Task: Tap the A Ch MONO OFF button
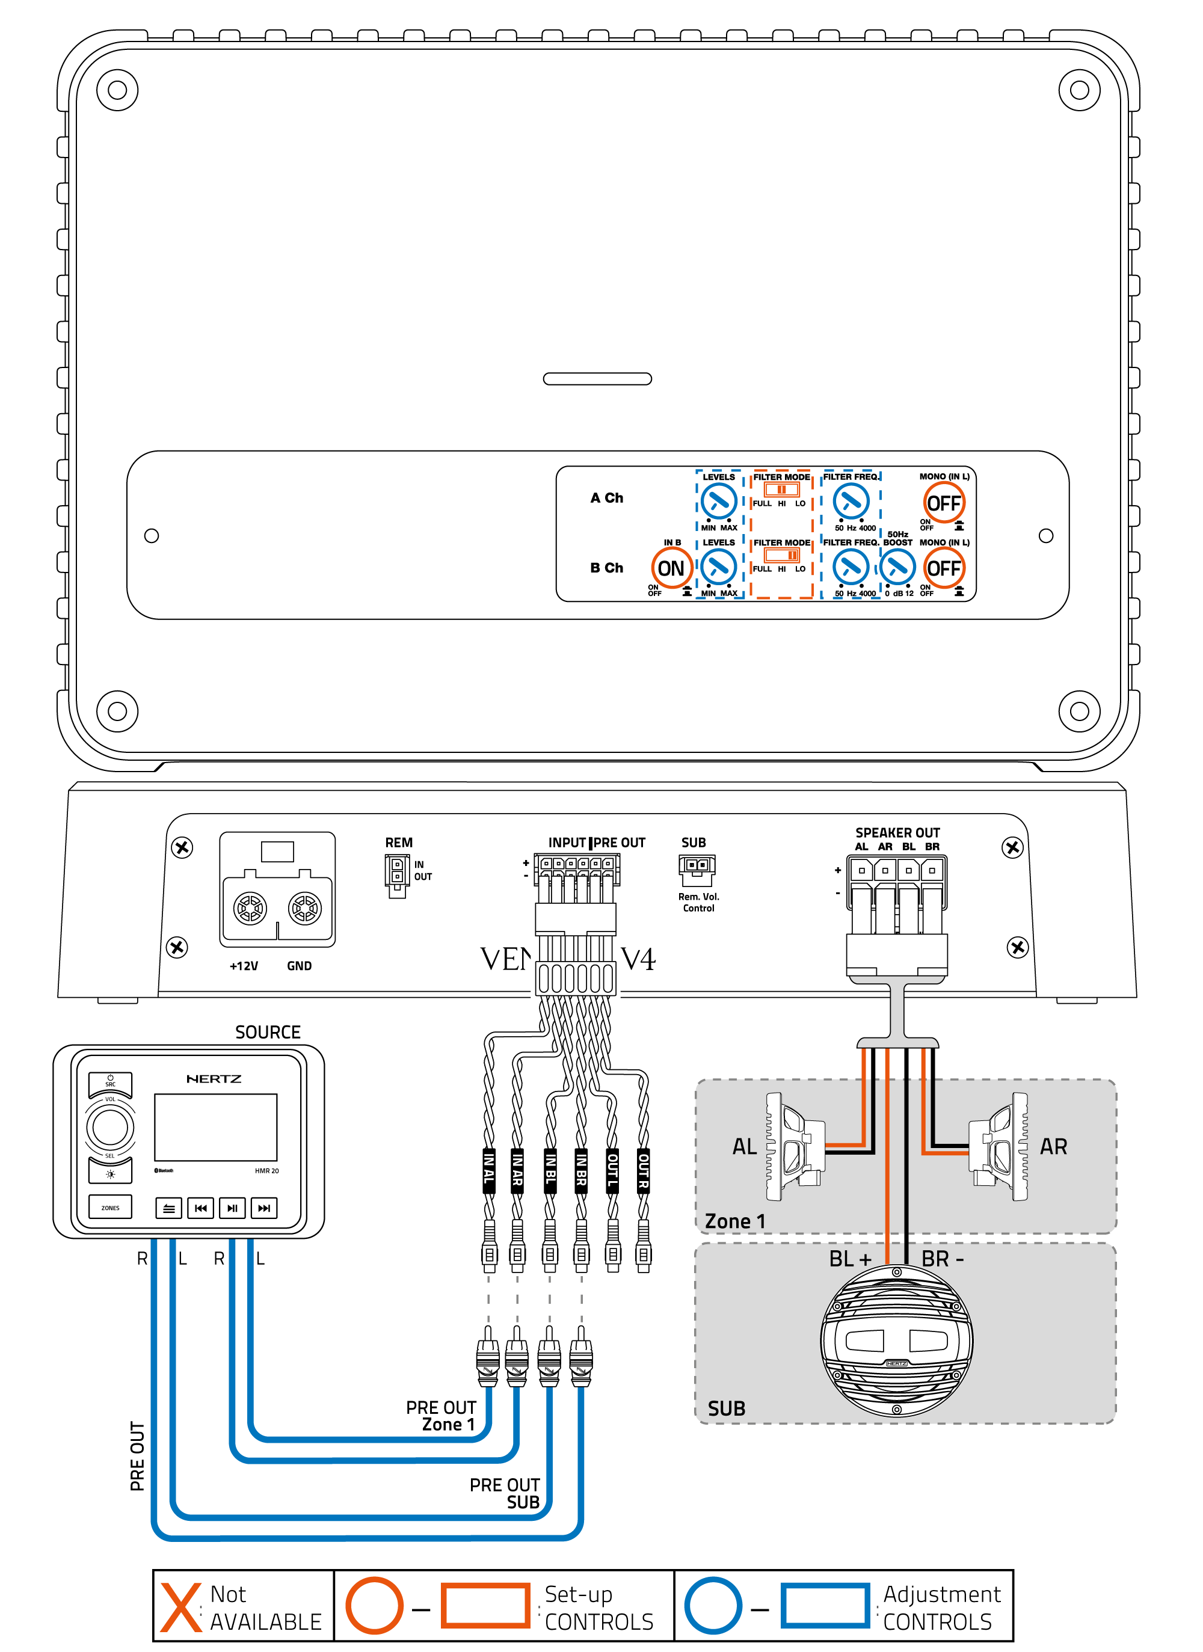coord(944,503)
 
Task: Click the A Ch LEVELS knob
coord(718,501)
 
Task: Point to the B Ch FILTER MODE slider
coord(781,556)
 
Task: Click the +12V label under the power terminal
coord(244,966)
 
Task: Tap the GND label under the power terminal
coord(299,966)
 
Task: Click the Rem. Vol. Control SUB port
coord(697,866)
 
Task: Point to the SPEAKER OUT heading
coord(897,832)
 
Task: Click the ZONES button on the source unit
coord(110,1208)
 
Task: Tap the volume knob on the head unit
coord(110,1128)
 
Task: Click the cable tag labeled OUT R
coord(644,1170)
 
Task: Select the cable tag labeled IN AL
coord(489,1170)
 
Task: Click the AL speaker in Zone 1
coord(793,1146)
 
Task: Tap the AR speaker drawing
coord(998,1146)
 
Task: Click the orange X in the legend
coord(180,1606)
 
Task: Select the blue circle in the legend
coord(713,1605)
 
